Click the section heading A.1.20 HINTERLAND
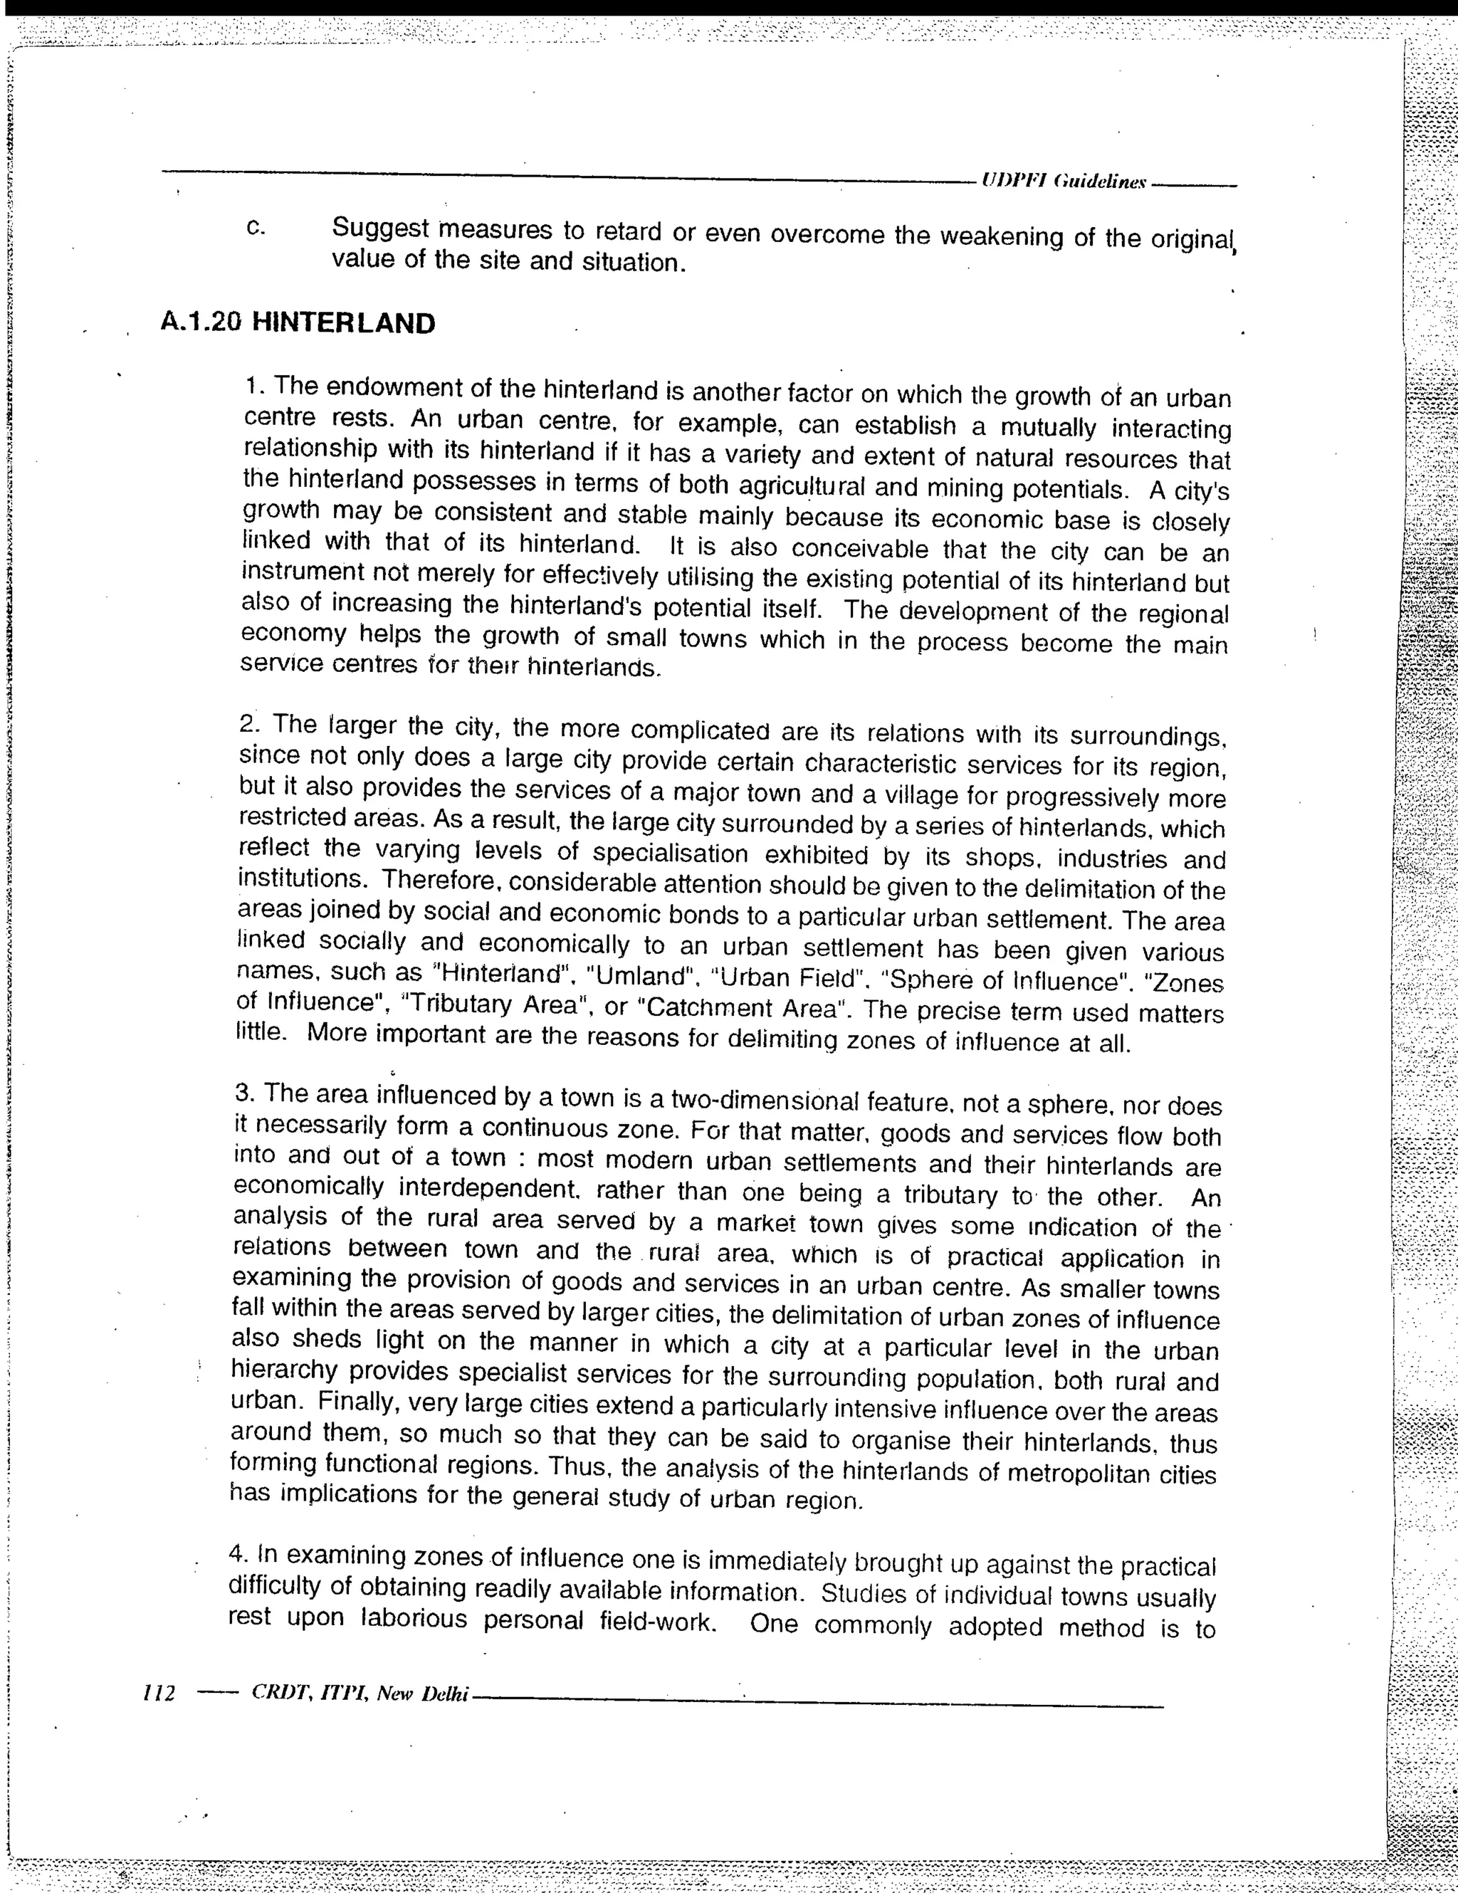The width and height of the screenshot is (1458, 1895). tap(298, 324)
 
